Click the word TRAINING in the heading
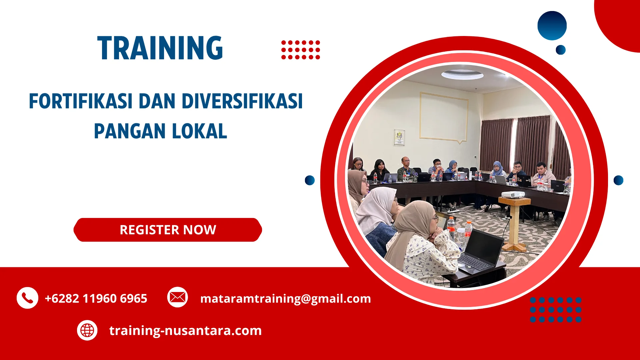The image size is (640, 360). click(x=160, y=48)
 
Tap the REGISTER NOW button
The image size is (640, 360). click(x=168, y=230)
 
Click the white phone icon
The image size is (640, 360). click(x=27, y=298)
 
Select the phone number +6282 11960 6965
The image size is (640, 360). click(x=96, y=298)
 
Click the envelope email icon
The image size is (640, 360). click(x=177, y=297)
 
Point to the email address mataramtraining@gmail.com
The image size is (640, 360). click(x=285, y=298)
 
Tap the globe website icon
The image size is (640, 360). click(x=87, y=330)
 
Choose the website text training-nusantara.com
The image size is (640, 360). click(x=185, y=330)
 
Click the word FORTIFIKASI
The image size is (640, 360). click(x=81, y=101)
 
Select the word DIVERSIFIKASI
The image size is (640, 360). click(x=242, y=101)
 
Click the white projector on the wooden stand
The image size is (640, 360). click(x=513, y=194)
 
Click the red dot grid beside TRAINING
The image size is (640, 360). click(x=300, y=50)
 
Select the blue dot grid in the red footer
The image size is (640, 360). click(x=556, y=310)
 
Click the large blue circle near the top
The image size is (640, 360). click(x=552, y=26)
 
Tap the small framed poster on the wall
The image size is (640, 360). click(x=399, y=137)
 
